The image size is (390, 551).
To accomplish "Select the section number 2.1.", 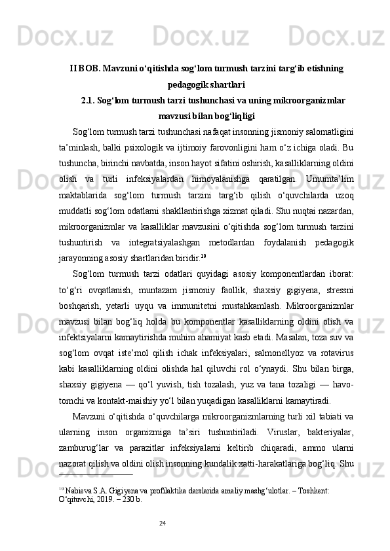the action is point(88,100).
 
